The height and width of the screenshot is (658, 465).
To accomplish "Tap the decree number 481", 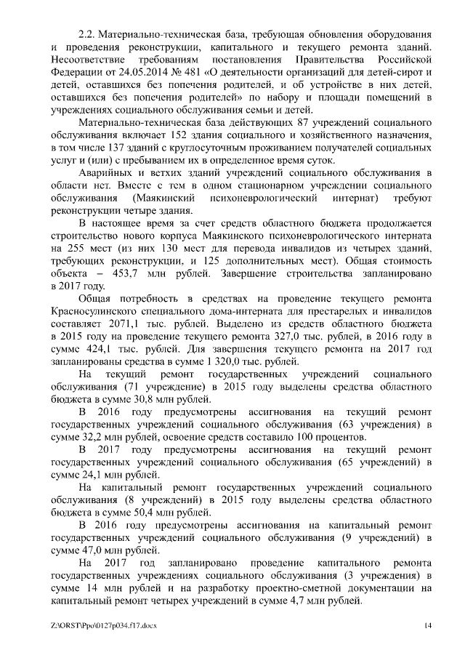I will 180,73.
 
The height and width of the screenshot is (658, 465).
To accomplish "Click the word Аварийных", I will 108,172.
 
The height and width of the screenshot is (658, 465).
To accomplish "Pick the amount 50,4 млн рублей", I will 134,512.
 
